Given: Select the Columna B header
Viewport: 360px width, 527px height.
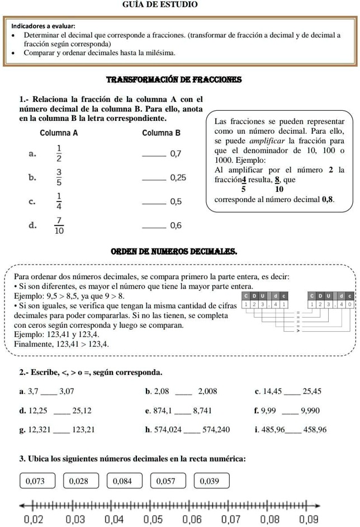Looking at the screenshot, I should tap(162, 133).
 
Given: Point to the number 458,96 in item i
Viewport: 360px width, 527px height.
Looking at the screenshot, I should tap(314, 430).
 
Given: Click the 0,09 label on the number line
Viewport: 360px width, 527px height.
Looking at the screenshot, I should tap(309, 519).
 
